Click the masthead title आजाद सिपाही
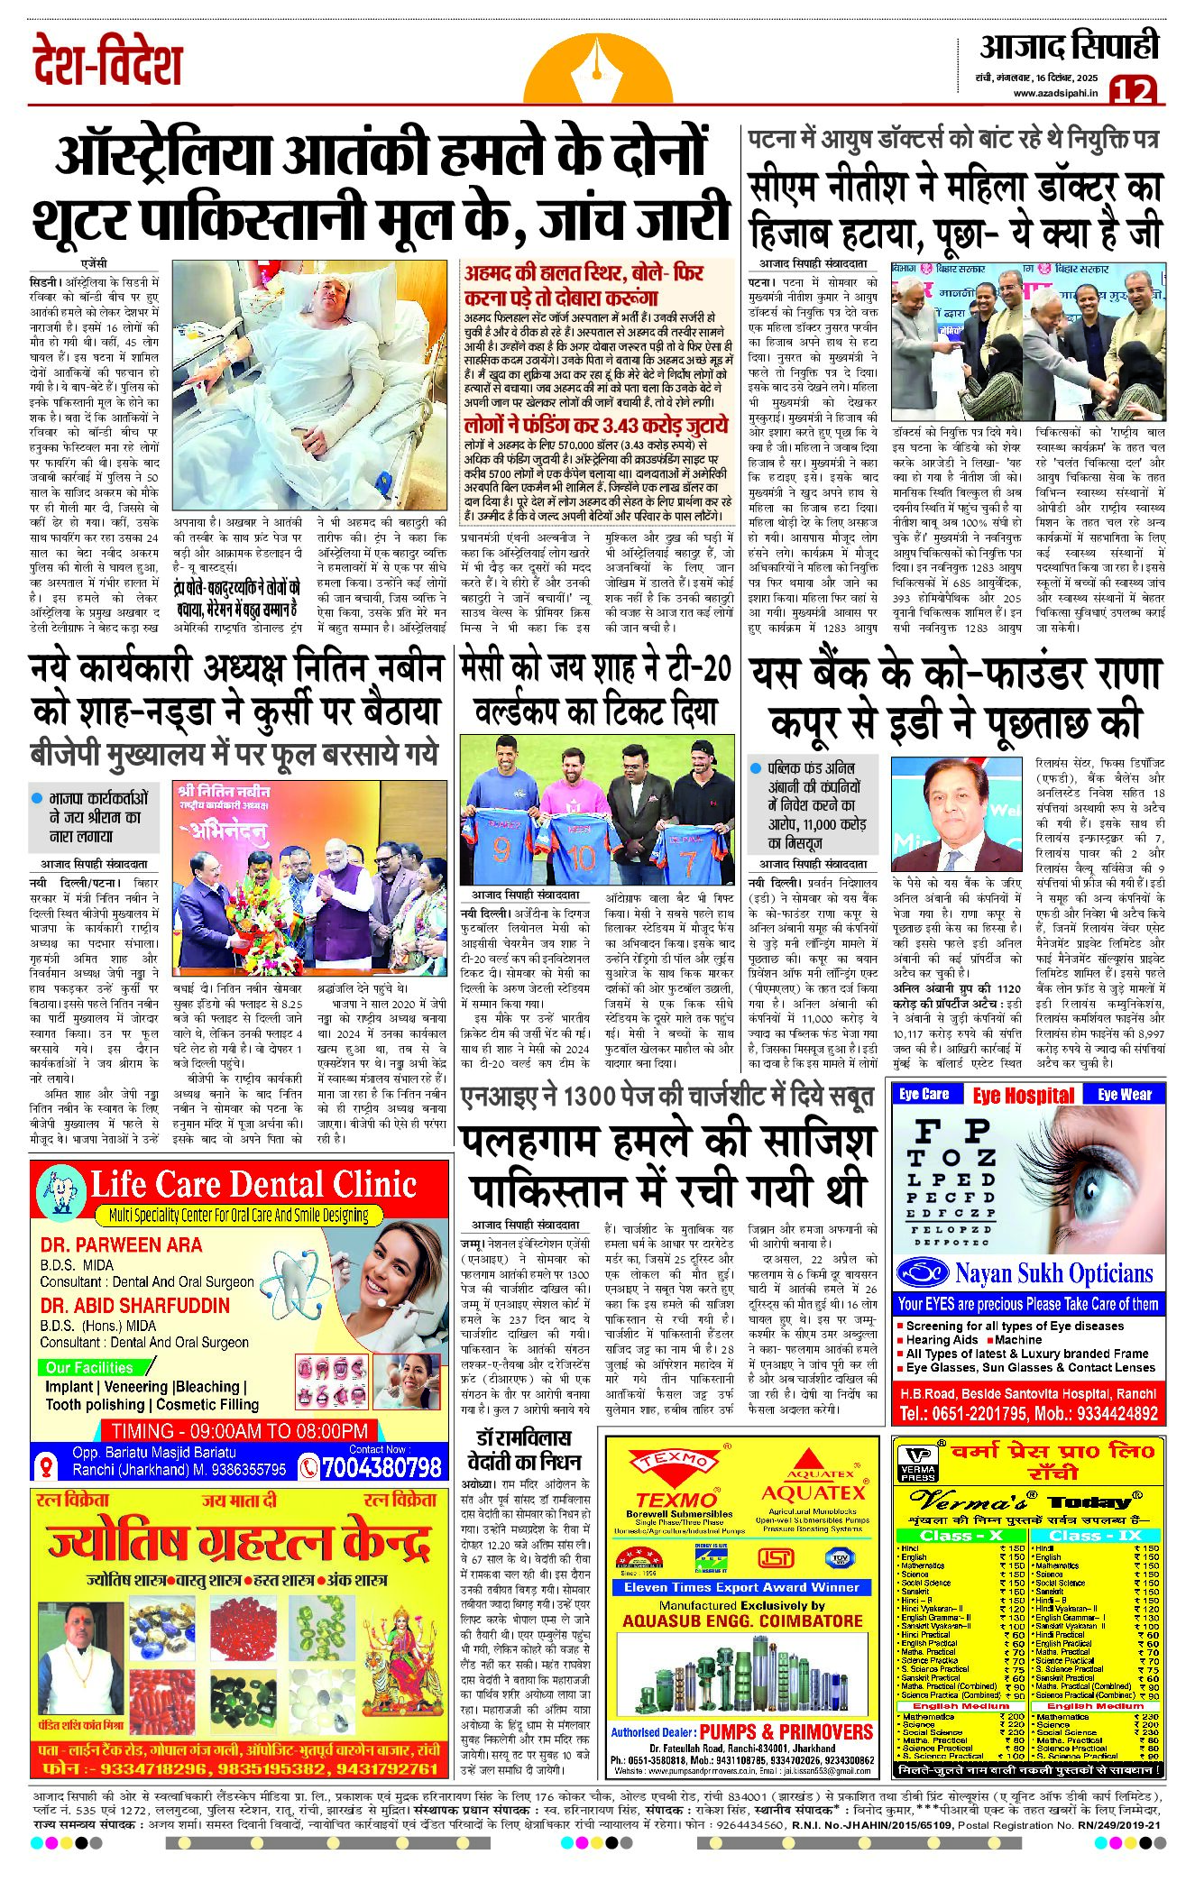[x=1069, y=47]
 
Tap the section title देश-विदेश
[x=107, y=63]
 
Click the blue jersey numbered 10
[x=582, y=850]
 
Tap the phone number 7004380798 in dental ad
[x=381, y=1467]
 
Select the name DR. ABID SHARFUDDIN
[x=134, y=1305]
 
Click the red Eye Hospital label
[x=1023, y=1095]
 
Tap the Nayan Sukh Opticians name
[x=1053, y=1273]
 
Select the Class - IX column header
[x=1095, y=1535]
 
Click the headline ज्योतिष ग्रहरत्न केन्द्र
[x=238, y=1544]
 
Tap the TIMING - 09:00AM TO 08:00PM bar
[x=239, y=1431]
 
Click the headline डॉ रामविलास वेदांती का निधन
[x=524, y=1448]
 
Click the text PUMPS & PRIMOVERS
[x=786, y=1731]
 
